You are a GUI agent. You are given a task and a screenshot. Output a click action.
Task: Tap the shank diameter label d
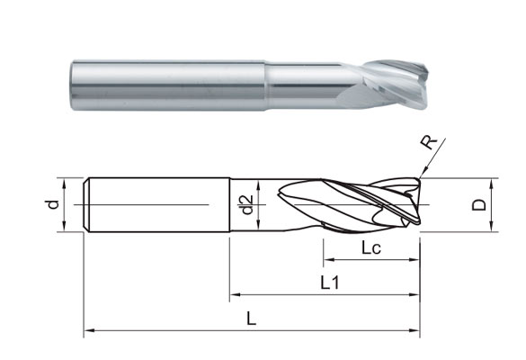point(53,204)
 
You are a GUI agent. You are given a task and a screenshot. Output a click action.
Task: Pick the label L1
point(329,283)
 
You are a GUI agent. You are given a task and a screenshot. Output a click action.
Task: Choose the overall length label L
point(252,319)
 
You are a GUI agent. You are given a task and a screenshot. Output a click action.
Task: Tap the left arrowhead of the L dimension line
point(89,332)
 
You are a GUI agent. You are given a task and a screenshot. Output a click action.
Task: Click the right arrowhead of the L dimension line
point(415,332)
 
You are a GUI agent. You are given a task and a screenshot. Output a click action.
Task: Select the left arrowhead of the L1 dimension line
point(236,295)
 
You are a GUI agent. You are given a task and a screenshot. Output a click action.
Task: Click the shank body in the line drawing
point(157,204)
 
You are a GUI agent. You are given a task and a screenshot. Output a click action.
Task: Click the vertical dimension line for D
point(493,204)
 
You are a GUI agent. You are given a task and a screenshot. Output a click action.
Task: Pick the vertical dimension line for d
point(65,204)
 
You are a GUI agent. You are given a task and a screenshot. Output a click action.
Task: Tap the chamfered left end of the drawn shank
point(87,204)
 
